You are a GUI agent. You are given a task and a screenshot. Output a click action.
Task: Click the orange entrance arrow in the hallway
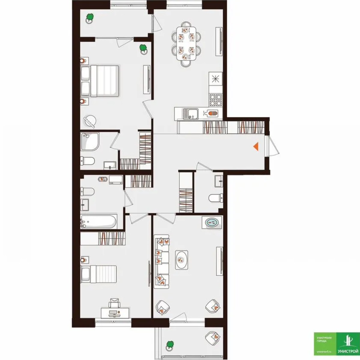point(256,146)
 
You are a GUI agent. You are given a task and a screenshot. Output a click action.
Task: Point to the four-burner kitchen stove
point(216,100)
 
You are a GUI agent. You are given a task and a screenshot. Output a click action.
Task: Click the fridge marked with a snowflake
point(216,79)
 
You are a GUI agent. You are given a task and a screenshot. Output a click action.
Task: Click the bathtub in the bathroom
point(98,222)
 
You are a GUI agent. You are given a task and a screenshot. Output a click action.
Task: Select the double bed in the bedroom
point(100,81)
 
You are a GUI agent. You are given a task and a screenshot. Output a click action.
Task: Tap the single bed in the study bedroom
point(99,274)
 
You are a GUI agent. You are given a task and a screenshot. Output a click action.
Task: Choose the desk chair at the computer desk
point(114,303)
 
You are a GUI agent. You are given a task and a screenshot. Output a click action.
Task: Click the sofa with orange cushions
point(162,261)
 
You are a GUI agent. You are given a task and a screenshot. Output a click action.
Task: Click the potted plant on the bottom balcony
point(170,345)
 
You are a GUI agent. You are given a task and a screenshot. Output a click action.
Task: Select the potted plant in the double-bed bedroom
point(143,49)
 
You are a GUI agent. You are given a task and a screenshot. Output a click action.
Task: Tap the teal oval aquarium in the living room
point(212,223)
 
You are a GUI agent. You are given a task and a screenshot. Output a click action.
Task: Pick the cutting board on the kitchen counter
point(212,113)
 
